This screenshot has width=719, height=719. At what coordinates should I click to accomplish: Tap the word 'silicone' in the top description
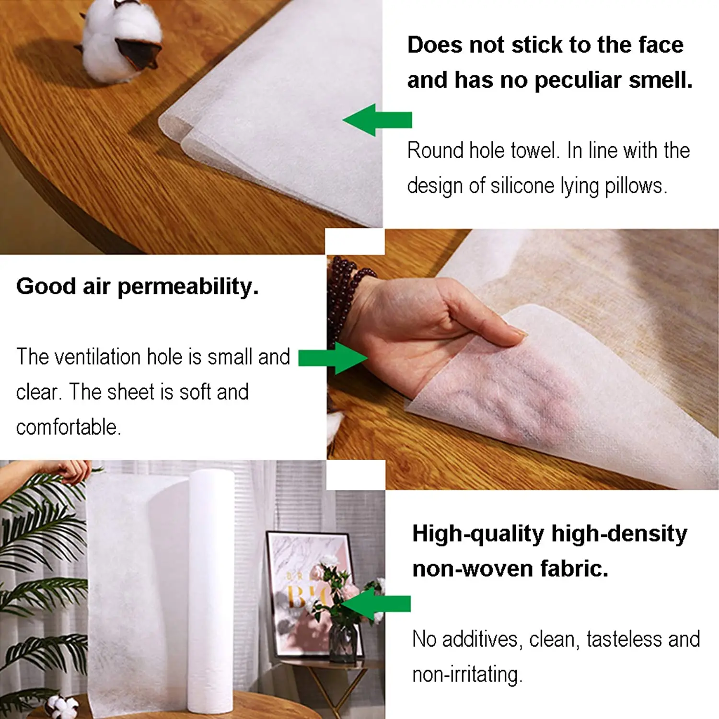523,186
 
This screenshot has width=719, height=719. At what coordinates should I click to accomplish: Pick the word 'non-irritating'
466,674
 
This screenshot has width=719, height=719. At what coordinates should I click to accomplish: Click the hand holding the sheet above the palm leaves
72,470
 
